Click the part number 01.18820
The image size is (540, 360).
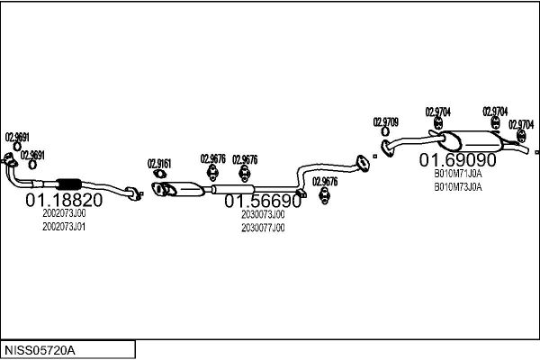tap(64, 200)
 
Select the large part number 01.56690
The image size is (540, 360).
tap(263, 201)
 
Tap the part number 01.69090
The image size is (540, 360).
tap(458, 160)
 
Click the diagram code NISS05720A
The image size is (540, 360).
tap(40, 350)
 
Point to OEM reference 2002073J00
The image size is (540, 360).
tap(64, 213)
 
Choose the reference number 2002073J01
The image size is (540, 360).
tap(64, 227)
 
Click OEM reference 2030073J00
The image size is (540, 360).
tap(263, 214)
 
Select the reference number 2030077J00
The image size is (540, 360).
tap(263, 228)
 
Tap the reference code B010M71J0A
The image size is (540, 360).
tap(458, 174)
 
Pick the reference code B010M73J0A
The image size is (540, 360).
tap(458, 187)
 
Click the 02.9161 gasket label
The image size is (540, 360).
tap(159, 164)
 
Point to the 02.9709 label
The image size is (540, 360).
tap(386, 122)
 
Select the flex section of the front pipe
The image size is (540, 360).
tap(68, 184)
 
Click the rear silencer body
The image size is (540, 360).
tap(472, 141)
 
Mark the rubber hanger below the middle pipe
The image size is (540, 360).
tap(324, 195)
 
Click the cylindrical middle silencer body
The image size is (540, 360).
tap(233, 189)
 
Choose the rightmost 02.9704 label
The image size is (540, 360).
tap(521, 124)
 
